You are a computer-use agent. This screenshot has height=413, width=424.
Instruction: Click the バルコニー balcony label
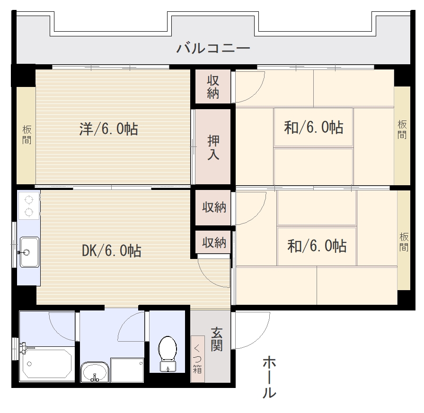(213, 48)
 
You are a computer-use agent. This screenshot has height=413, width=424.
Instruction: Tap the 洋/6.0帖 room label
(109, 129)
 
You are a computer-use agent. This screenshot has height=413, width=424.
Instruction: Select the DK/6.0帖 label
(111, 250)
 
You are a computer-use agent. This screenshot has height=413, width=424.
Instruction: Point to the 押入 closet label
(213, 147)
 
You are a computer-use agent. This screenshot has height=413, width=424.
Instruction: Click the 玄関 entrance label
(217, 339)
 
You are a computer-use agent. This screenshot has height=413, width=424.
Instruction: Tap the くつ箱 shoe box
(197, 359)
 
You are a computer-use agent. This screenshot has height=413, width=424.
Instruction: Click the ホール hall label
(269, 377)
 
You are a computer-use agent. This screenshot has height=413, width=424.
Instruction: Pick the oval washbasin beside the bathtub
(95, 372)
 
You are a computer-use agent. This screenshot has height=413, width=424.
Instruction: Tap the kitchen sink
(29, 252)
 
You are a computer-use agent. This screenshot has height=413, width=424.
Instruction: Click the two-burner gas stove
(29, 206)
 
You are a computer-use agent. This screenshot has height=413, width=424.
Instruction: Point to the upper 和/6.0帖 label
(314, 127)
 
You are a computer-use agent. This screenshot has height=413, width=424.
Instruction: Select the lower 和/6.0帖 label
(317, 246)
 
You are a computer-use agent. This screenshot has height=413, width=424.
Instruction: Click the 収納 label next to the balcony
(213, 87)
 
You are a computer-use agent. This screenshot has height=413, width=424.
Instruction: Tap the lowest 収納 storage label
(214, 243)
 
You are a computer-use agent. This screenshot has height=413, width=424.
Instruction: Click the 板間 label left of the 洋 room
(27, 134)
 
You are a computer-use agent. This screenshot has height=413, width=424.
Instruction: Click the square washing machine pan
(127, 370)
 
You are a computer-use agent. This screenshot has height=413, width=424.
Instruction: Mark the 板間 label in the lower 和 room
(404, 242)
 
